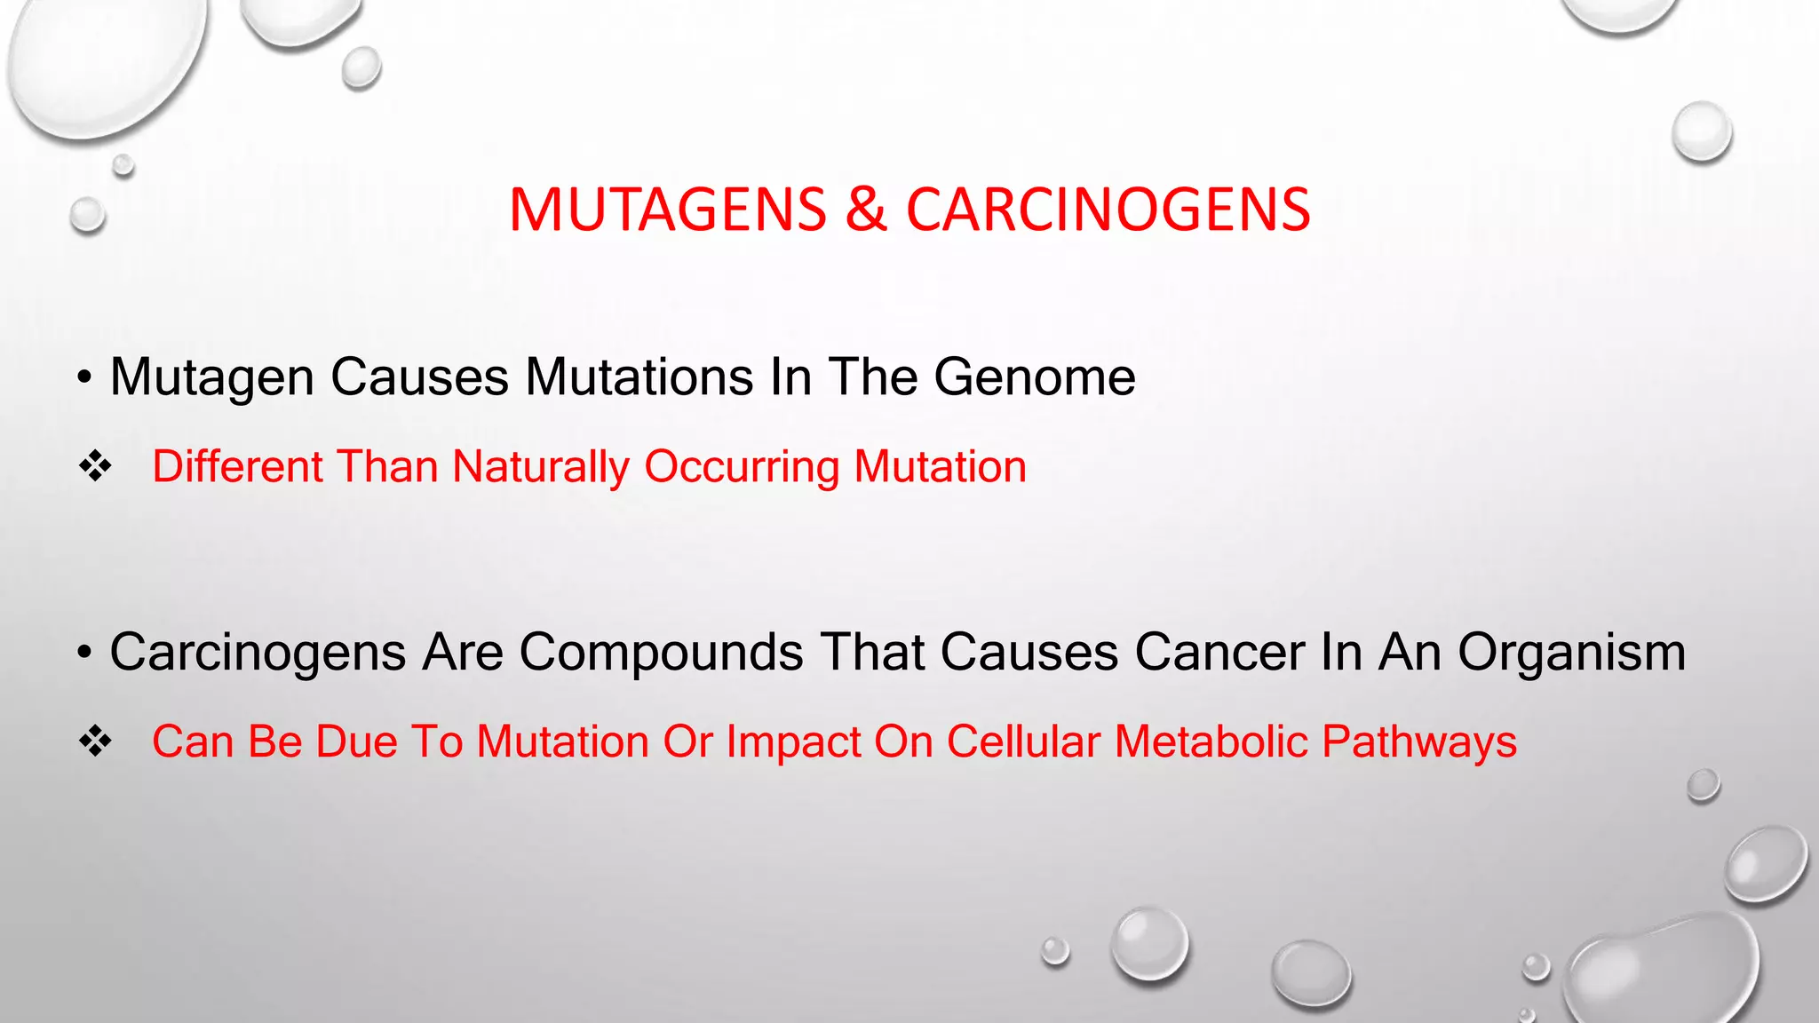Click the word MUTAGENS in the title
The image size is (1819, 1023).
click(x=668, y=211)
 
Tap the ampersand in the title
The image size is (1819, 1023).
click(x=866, y=211)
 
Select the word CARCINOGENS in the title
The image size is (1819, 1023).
click(x=1108, y=211)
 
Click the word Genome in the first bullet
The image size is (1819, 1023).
click(x=1034, y=377)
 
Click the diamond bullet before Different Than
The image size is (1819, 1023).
click(x=95, y=466)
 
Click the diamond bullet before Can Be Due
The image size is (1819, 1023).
click(x=95, y=741)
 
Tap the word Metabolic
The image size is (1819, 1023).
click(x=1211, y=741)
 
